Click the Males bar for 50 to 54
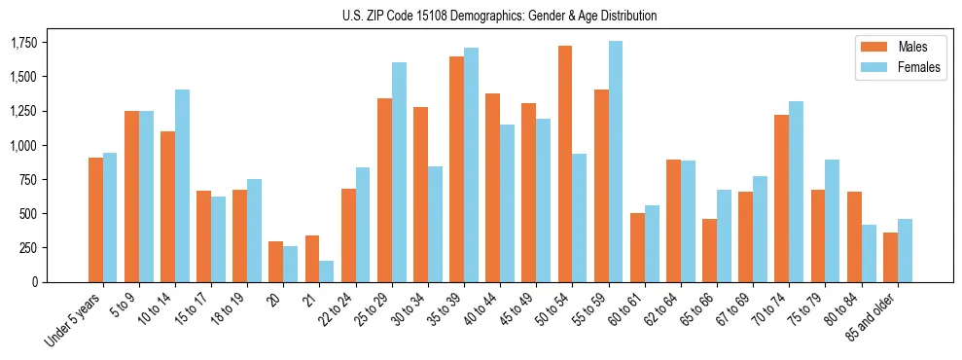click(565, 163)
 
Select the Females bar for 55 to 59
click(616, 162)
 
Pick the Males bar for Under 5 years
click(95, 220)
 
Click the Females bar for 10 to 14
click(182, 186)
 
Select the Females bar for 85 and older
click(905, 250)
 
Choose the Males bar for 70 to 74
click(782, 198)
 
